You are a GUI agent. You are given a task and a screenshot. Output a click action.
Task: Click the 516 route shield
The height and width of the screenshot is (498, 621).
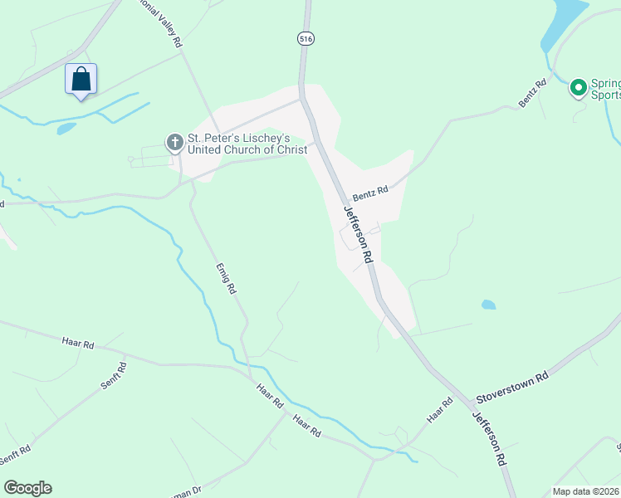(306, 37)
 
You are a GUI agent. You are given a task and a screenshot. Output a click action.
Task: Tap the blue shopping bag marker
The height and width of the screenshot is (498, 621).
(81, 80)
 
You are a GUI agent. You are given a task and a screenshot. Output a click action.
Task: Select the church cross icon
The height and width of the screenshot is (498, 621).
(174, 143)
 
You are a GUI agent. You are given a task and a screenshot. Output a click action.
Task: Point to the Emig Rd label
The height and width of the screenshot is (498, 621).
(227, 279)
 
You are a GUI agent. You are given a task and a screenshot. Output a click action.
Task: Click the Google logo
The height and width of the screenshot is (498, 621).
(27, 488)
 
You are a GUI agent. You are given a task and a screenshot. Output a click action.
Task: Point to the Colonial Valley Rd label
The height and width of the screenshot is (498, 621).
(163, 24)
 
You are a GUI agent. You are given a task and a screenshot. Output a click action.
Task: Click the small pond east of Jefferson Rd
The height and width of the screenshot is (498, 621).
(488, 305)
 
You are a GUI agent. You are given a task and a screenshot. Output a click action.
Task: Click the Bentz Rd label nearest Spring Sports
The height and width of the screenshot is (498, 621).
(533, 92)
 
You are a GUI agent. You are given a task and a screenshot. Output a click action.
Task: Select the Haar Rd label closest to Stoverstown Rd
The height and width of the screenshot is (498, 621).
(440, 411)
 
